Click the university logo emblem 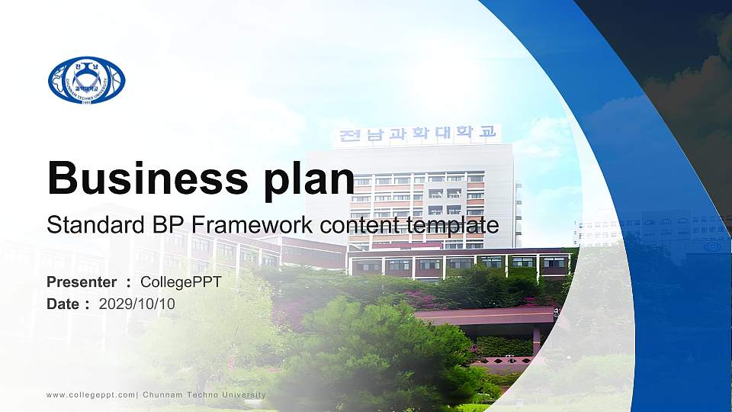tap(86, 80)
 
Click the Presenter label tap(82, 283)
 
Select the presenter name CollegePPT tap(181, 283)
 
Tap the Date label tap(63, 304)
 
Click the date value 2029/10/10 tap(137, 304)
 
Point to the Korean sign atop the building tap(417, 134)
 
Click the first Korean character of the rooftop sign tap(350, 137)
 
